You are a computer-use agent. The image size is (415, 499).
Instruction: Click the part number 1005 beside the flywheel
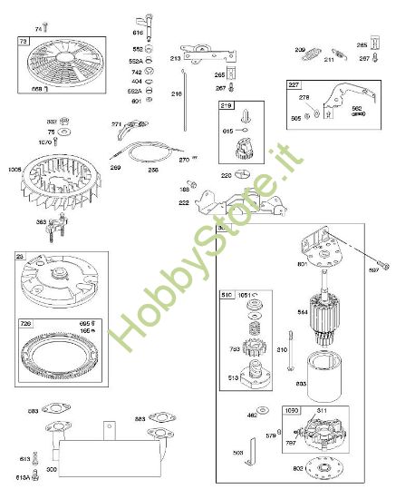click(14, 169)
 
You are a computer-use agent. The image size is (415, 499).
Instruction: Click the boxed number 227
click(294, 84)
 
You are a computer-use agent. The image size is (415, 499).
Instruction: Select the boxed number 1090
click(291, 411)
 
